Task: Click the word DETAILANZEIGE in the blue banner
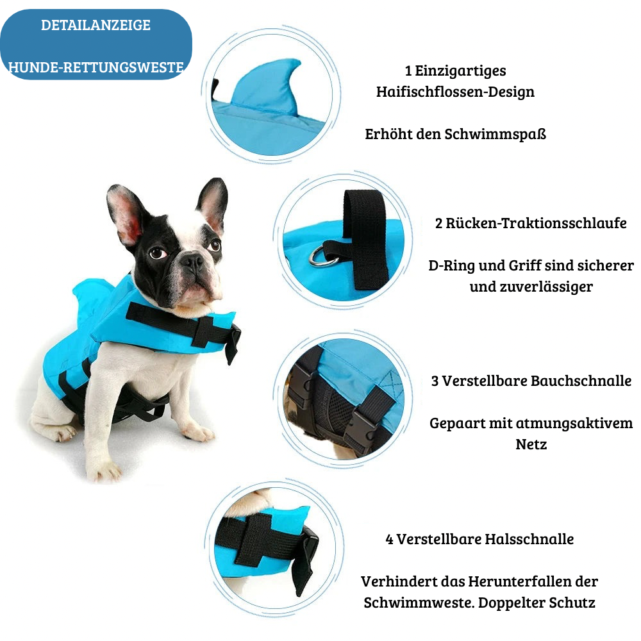tap(96, 26)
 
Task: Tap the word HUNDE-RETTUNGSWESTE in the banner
tap(96, 67)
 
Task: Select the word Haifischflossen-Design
tap(455, 92)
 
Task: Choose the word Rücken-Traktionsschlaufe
tap(536, 224)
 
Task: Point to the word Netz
tap(531, 444)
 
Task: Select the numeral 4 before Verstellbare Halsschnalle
tap(389, 540)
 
